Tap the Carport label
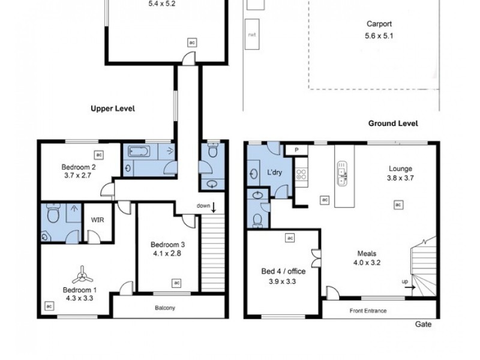point(379,25)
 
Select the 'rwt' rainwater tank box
point(251,35)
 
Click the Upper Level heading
point(113,109)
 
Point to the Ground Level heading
point(393,123)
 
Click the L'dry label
point(275,173)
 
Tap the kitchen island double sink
point(343,172)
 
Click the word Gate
point(422,324)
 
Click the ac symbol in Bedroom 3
point(176,282)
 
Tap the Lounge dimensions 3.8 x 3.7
point(400,178)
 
